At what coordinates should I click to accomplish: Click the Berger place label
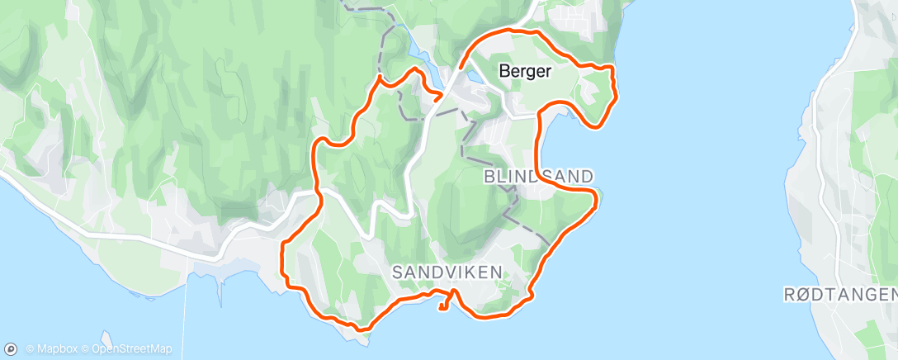coord(525,72)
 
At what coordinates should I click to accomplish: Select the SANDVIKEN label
coord(447,271)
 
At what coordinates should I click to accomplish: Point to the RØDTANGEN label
coord(839,294)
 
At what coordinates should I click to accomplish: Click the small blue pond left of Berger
coord(475,77)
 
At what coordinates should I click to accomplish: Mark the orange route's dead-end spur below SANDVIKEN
coord(444,306)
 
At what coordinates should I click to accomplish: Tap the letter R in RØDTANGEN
coord(788,294)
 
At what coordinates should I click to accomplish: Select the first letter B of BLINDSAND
coord(489,176)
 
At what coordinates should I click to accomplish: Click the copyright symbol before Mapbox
coord(30,349)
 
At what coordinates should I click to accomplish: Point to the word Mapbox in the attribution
coord(57,349)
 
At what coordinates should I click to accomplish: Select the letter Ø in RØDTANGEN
coord(802,294)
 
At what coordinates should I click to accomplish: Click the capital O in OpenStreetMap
coord(97,349)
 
